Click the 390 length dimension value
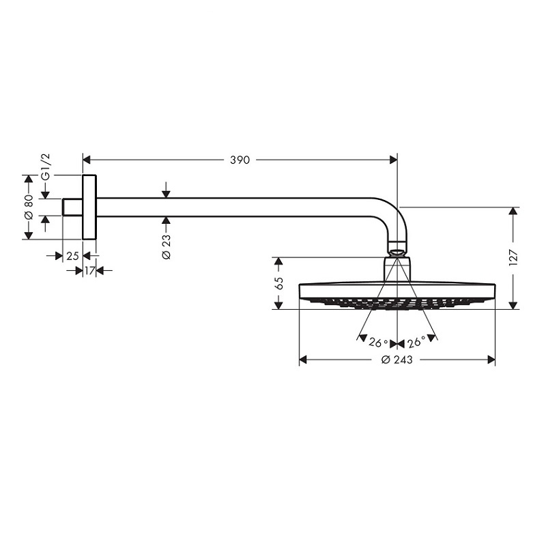click(x=240, y=160)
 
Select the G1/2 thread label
click(x=46, y=167)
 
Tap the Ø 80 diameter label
click(x=29, y=207)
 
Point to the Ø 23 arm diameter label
click(x=167, y=246)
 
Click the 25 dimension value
click(x=72, y=256)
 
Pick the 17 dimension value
click(x=89, y=270)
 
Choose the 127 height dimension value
click(x=514, y=258)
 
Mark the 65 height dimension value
click(x=278, y=283)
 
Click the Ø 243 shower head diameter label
click(x=397, y=360)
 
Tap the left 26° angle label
click(x=378, y=343)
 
